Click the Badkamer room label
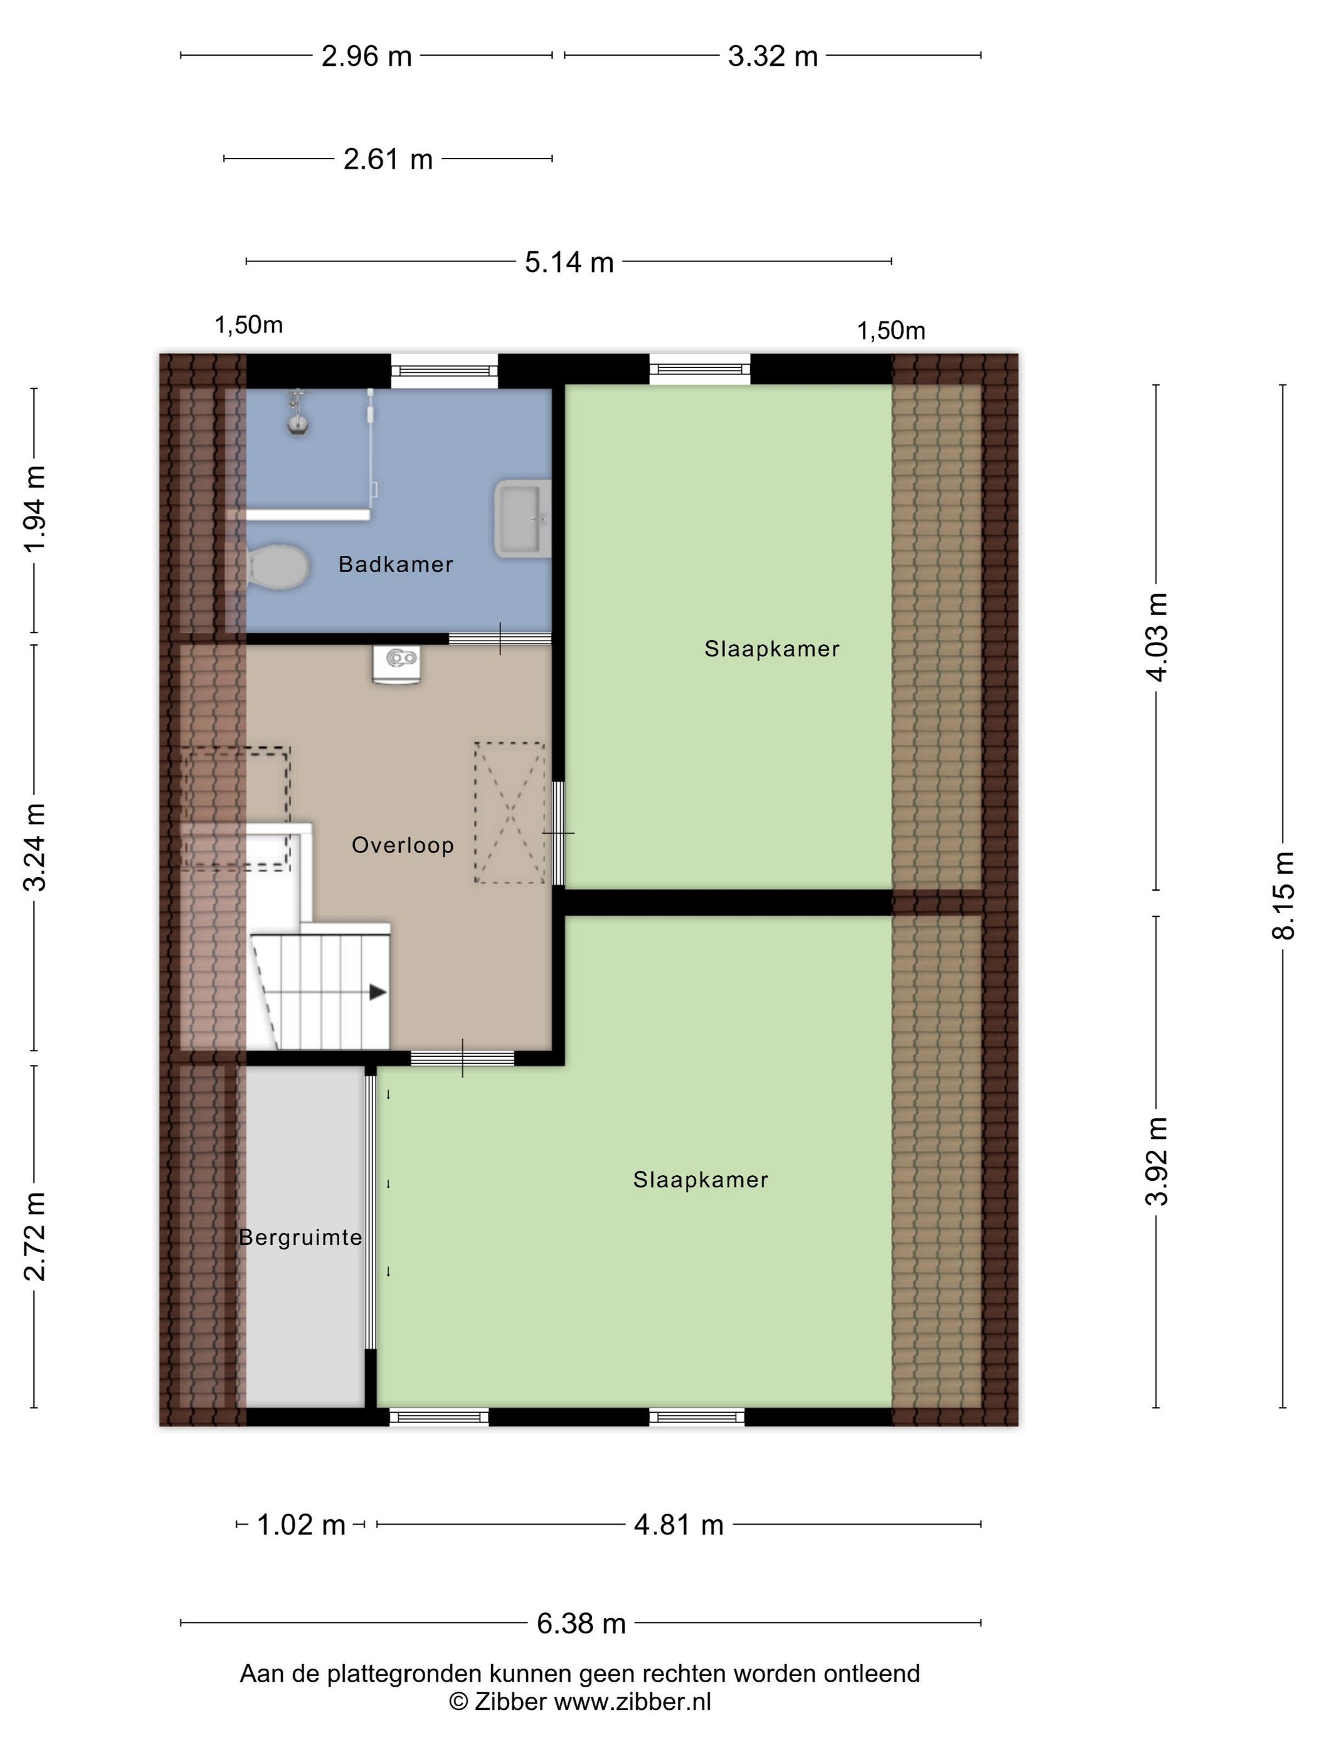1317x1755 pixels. click(395, 564)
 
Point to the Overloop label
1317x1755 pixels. click(403, 845)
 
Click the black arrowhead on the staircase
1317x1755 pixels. click(378, 993)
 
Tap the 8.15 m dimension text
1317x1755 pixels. click(1283, 895)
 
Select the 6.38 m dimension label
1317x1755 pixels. click(581, 1623)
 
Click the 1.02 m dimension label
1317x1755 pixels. click(301, 1524)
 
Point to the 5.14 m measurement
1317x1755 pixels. click(569, 262)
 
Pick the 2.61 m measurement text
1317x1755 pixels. click(388, 159)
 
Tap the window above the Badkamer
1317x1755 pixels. click(444, 370)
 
